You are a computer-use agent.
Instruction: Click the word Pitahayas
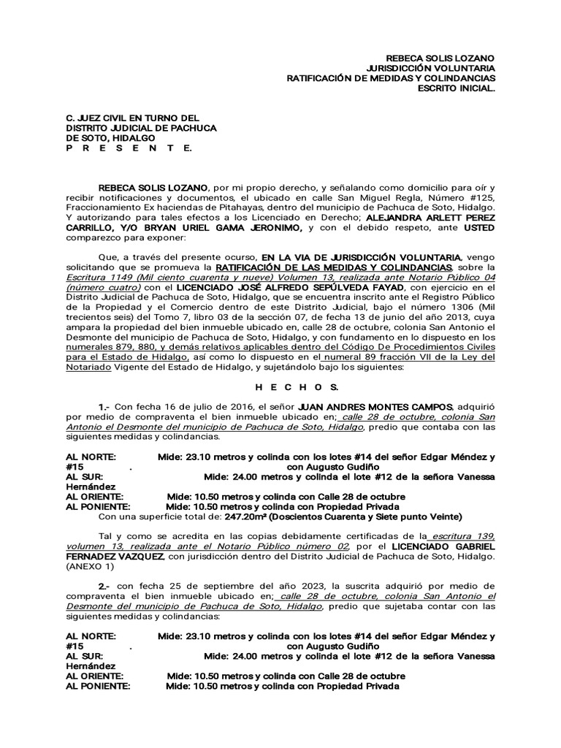[x=210, y=207]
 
